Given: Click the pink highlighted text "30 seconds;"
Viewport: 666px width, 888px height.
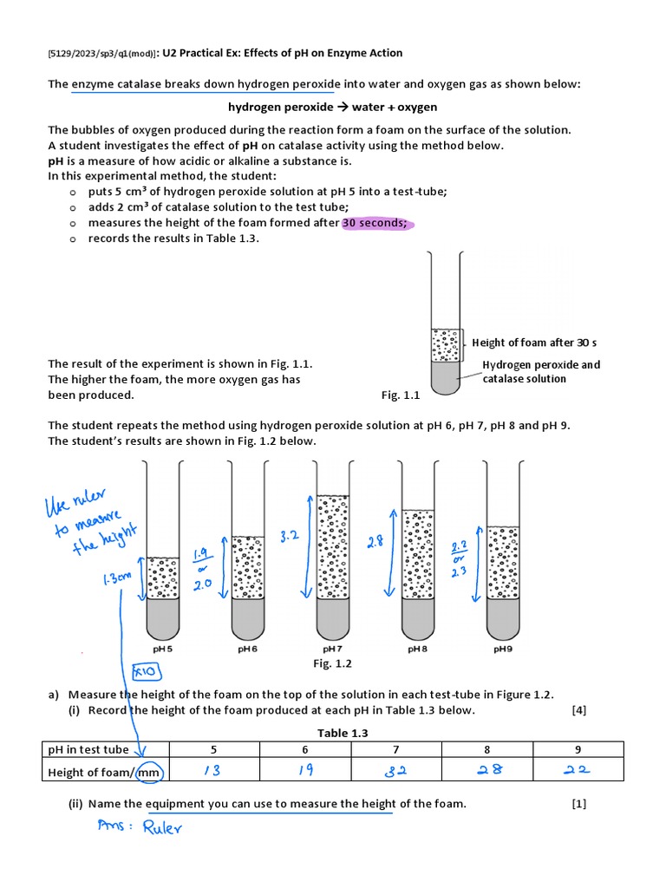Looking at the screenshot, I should (x=375, y=223).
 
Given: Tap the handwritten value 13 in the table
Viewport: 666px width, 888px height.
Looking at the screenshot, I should (x=212, y=771).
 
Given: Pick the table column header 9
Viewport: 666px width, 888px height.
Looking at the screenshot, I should (x=578, y=749).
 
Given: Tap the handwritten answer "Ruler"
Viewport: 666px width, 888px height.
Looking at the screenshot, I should (x=163, y=827).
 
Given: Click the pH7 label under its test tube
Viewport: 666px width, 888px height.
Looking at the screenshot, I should (x=334, y=648).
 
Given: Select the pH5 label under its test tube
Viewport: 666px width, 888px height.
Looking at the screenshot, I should (x=163, y=648).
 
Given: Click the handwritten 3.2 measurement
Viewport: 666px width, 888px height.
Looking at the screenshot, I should (x=290, y=538).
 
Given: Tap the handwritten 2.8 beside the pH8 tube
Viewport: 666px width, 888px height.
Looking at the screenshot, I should (x=375, y=542).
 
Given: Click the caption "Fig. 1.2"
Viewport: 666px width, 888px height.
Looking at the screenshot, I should (x=333, y=663).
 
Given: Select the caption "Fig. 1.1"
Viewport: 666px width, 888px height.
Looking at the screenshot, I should (x=401, y=395).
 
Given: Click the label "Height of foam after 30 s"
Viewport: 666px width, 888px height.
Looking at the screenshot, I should (x=535, y=343).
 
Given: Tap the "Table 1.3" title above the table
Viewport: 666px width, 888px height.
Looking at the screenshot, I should (x=343, y=733).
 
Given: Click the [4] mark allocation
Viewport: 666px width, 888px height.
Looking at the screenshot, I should (x=579, y=710).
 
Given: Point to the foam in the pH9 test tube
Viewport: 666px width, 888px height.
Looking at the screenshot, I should (x=504, y=563).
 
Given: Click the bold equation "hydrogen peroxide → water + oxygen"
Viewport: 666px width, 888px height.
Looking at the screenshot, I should (x=332, y=107).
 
